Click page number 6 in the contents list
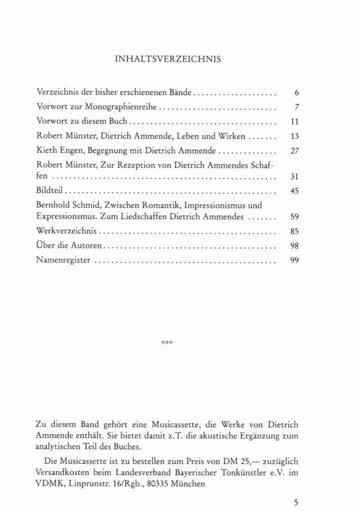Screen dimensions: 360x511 [x=296, y=93]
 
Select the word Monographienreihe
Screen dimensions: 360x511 [x=122, y=107]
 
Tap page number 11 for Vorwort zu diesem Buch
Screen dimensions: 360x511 [x=294, y=121]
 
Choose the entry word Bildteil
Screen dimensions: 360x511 [x=51, y=190]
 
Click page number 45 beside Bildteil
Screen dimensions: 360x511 [x=294, y=191]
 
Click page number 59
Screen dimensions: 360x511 [x=294, y=217]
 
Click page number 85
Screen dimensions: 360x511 [x=294, y=232]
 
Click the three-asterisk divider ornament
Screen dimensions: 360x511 [x=168, y=343]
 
